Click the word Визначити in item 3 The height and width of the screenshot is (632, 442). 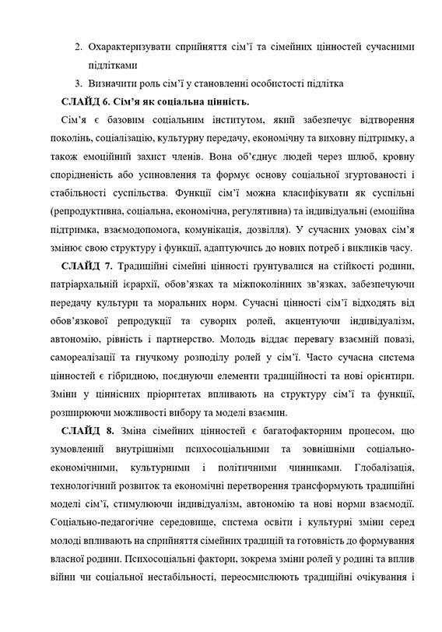point(114,83)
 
